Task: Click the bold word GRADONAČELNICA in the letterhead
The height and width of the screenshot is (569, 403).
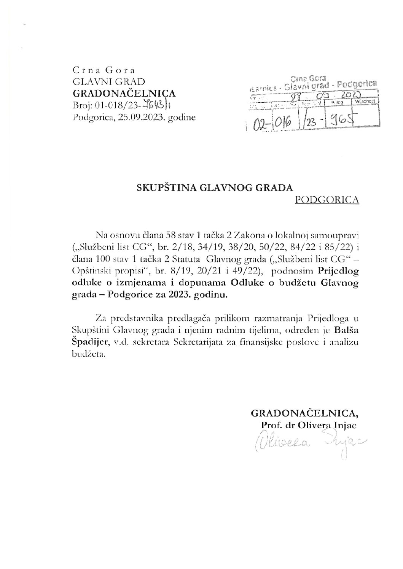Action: pyautogui.click(x=124, y=93)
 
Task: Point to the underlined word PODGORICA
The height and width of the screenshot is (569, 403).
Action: pyautogui.click(x=327, y=200)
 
